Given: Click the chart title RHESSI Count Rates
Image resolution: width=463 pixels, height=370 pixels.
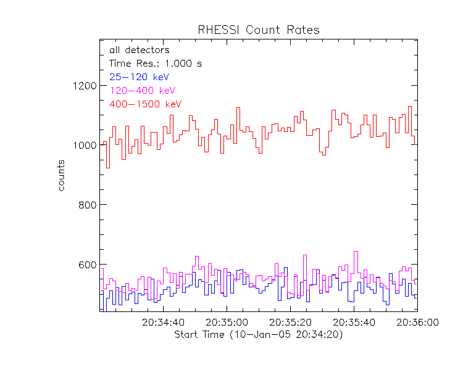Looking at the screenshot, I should pos(258,30).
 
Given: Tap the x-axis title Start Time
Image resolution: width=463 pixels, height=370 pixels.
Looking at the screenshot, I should pos(258,335).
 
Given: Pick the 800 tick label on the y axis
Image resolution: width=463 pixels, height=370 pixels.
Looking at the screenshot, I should pos(85,205).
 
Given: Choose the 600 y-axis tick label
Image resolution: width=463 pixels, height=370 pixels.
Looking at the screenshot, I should pos(85,265).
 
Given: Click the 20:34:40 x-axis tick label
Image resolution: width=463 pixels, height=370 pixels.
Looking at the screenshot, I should pos(163,322).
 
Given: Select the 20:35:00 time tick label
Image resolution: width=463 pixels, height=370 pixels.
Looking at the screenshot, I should pos(227,322).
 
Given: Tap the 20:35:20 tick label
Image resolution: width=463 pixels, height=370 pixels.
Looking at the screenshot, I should pos(290,322).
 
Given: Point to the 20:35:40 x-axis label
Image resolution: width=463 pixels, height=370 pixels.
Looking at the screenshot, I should pos(354,322).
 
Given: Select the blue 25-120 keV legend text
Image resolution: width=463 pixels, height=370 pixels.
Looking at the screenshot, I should pos(139,77).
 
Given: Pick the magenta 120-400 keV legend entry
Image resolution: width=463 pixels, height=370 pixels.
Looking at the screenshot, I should pos(141,91).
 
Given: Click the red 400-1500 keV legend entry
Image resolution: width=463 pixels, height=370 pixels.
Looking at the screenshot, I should pos(145,104).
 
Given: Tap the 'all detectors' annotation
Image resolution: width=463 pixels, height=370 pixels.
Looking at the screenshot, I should pos(139,50).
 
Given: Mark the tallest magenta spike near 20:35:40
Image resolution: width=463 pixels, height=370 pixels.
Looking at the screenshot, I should pos(356,252).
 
